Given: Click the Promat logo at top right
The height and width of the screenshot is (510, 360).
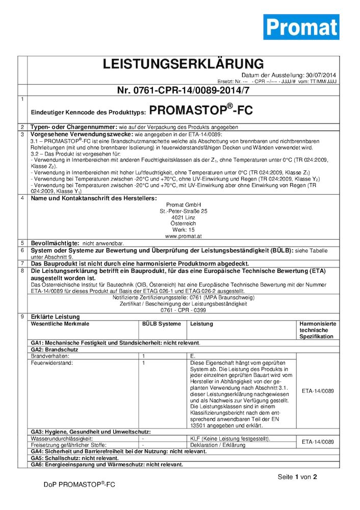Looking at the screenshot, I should (301, 27).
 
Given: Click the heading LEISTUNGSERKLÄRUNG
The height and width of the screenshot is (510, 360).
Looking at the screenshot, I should (183, 64).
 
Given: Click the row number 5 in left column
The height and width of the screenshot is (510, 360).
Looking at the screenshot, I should (22, 243).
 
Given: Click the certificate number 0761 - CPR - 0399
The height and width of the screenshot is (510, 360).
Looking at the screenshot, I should (183, 310).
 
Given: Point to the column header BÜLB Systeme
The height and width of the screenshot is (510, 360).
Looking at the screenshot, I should (161, 324).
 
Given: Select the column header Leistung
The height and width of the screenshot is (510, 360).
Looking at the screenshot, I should (201, 324).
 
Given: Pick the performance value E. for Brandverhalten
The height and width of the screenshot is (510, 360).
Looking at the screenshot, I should (193, 356).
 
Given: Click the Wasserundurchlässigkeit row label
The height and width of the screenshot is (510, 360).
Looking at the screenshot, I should (62, 439).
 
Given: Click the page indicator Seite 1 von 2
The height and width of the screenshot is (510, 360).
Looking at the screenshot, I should (297, 477).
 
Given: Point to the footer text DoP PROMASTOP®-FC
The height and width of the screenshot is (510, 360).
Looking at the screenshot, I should (79, 484).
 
